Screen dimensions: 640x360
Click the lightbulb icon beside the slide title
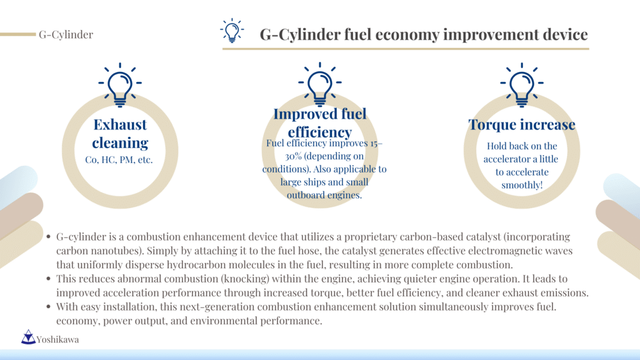(x=232, y=31)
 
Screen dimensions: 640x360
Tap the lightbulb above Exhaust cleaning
(x=120, y=85)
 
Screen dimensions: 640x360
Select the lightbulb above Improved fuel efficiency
(x=319, y=84)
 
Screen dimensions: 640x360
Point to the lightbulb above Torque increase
(x=522, y=85)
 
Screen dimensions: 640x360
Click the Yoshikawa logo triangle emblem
(x=28, y=337)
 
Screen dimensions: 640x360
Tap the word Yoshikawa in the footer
(x=57, y=339)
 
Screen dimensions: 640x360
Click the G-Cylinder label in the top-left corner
(x=66, y=35)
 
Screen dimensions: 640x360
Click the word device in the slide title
(x=565, y=35)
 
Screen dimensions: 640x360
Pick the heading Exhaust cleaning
(x=120, y=134)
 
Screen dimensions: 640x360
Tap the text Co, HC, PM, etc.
(x=119, y=159)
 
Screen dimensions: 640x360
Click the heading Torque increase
(x=522, y=124)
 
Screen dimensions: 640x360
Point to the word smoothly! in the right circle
(x=522, y=185)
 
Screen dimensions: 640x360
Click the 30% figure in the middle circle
(x=293, y=156)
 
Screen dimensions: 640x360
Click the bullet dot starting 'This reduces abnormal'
(x=49, y=279)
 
